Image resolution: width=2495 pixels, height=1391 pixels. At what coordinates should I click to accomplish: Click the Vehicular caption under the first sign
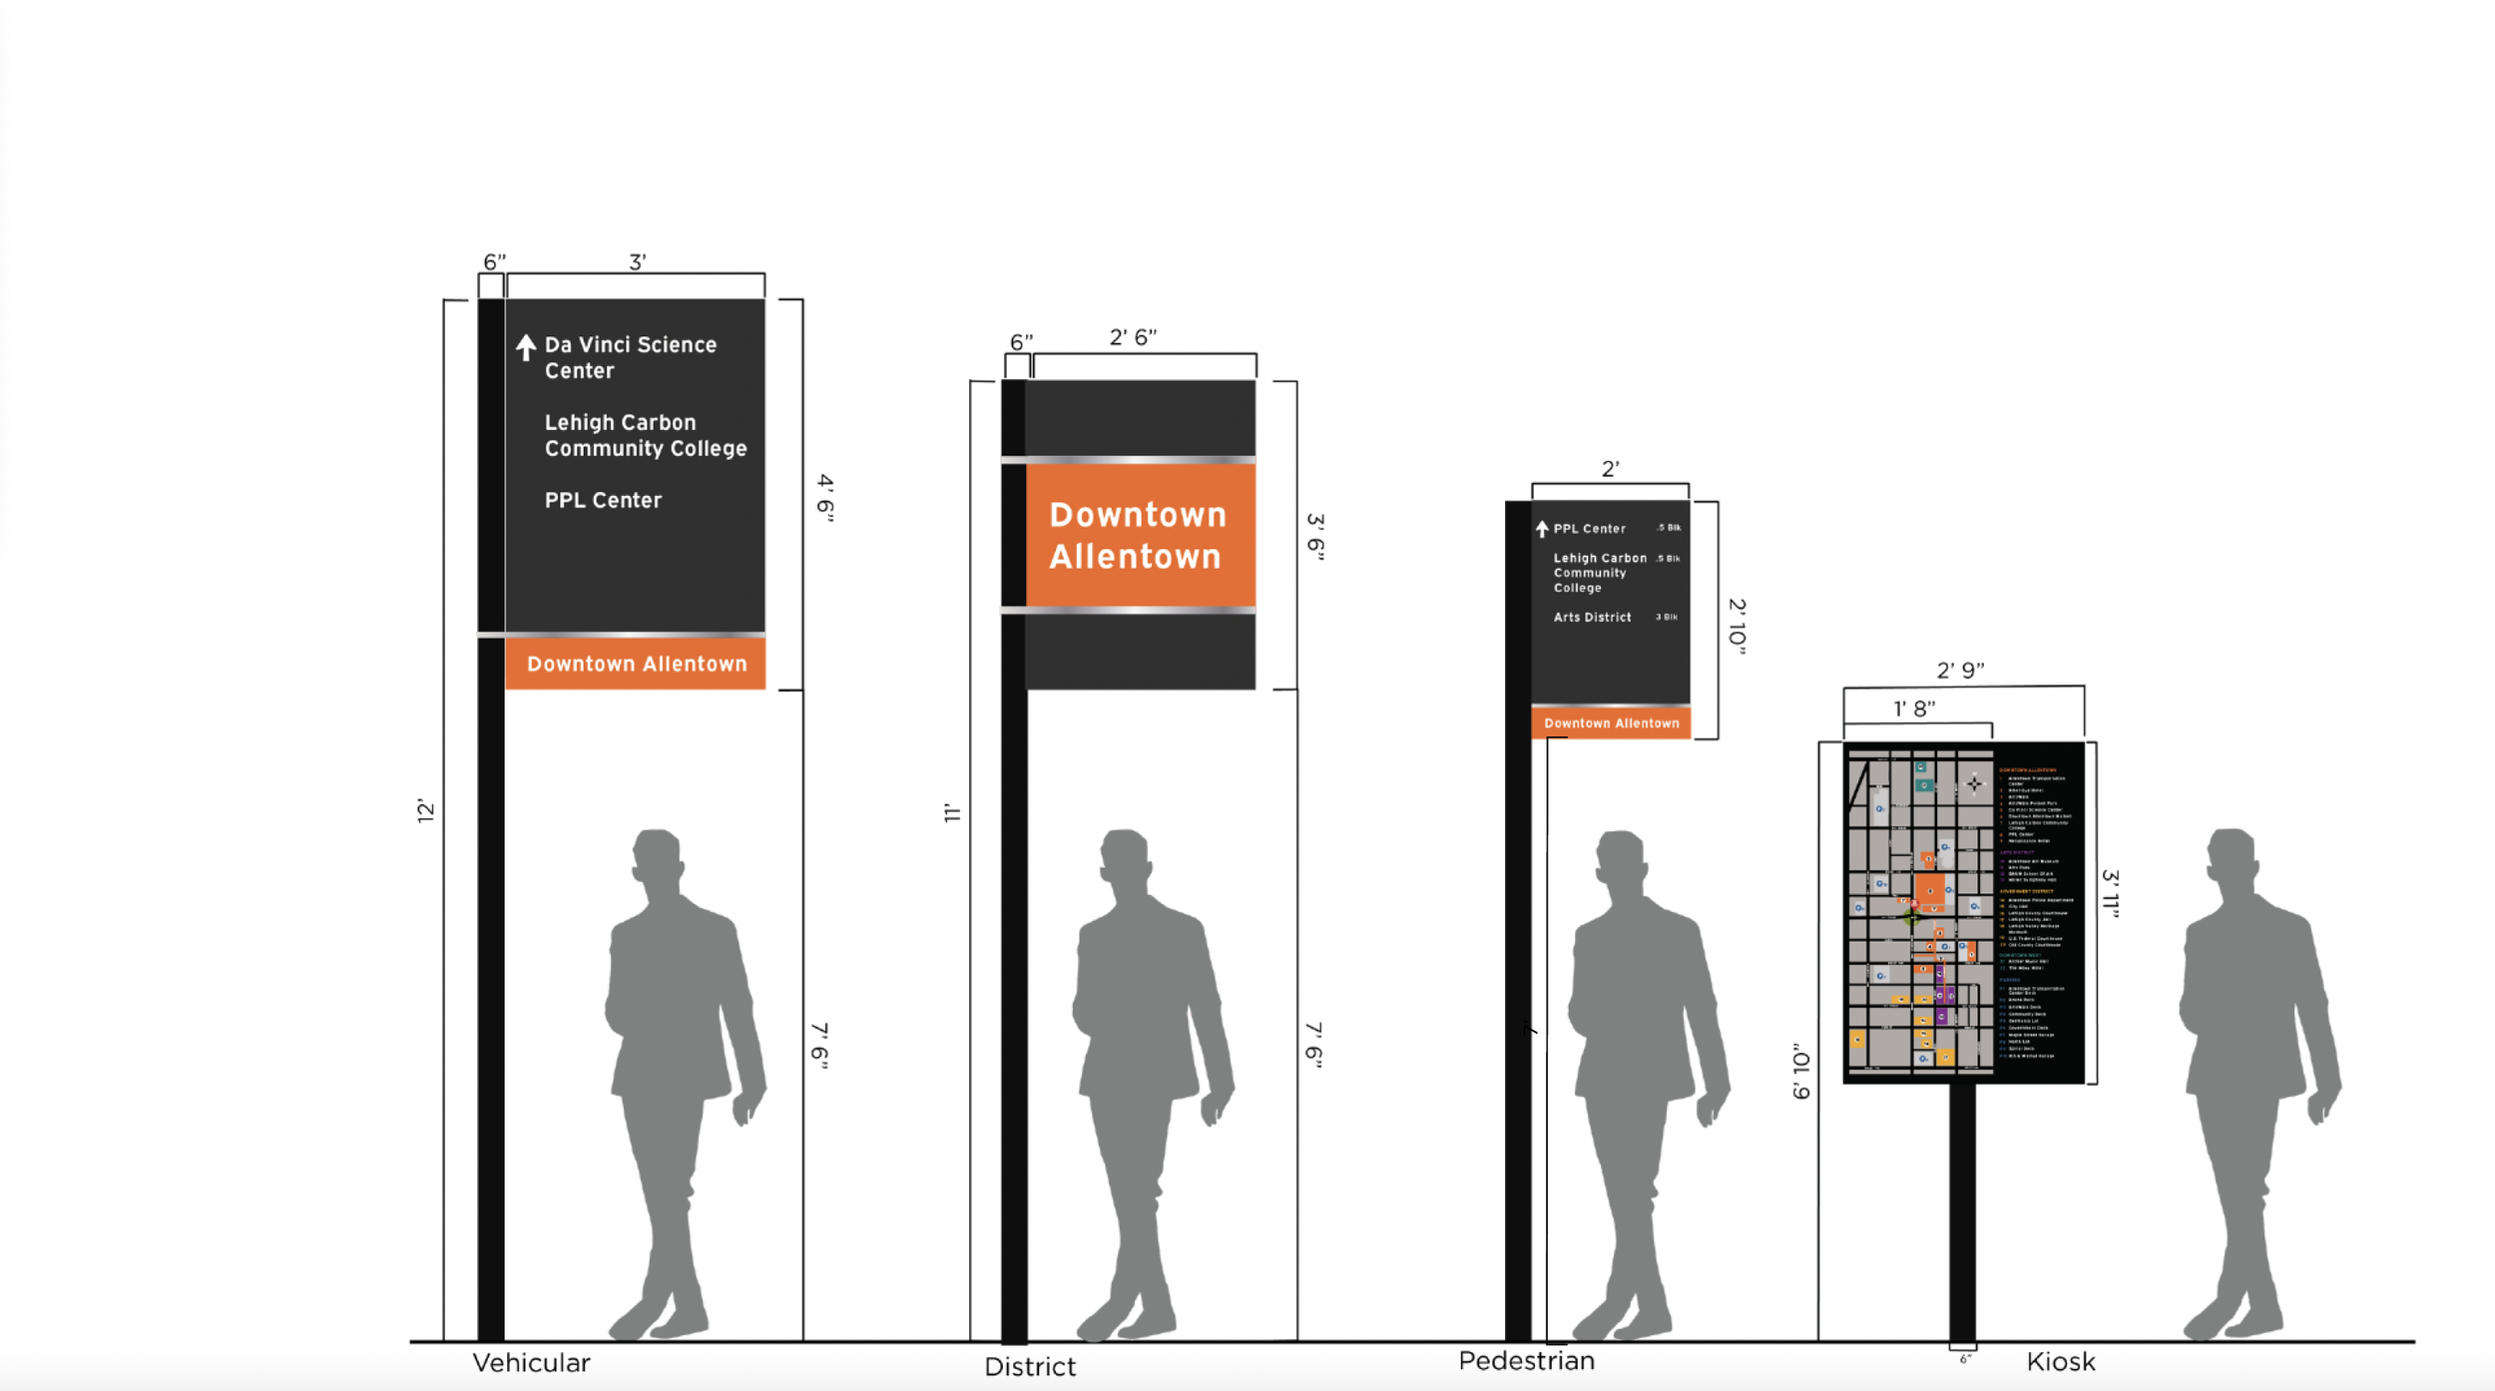(x=531, y=1363)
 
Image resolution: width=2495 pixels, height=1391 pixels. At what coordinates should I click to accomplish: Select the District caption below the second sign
(x=1030, y=1367)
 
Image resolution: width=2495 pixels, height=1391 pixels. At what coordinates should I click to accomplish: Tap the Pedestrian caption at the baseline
(x=1526, y=1361)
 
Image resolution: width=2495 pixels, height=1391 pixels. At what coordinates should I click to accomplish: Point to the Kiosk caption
(x=2060, y=1362)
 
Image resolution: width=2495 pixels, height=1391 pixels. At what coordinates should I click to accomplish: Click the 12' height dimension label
(x=426, y=810)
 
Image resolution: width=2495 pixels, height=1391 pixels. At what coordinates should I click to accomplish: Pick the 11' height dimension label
(x=952, y=813)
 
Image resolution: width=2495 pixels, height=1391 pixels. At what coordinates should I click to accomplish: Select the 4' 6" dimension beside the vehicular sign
(x=824, y=497)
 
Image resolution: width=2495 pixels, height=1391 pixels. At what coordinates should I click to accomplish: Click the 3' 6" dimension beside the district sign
(x=1315, y=537)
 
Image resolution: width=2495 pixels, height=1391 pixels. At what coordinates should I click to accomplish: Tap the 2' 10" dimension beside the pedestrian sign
(x=1737, y=627)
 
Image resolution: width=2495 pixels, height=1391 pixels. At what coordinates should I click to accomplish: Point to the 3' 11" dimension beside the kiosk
(x=2110, y=892)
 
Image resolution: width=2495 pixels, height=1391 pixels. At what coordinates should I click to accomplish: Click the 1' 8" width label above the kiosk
(x=1914, y=708)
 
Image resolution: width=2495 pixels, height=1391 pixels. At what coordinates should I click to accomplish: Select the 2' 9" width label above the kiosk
(x=1960, y=671)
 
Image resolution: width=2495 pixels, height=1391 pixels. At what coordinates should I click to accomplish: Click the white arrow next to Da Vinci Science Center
(x=526, y=347)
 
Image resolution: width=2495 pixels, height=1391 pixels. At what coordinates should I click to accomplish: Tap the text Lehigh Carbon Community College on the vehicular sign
(x=645, y=436)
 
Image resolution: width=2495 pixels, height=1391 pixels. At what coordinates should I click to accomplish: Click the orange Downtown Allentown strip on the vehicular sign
(x=636, y=664)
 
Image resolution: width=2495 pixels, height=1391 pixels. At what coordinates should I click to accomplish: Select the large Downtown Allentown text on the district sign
(x=1136, y=536)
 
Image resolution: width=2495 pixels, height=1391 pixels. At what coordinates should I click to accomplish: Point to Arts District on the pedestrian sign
(x=1592, y=618)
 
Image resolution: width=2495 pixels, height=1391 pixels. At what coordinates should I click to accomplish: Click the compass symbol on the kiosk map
(x=1974, y=784)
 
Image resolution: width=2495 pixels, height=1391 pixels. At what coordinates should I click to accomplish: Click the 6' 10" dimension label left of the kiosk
(x=1800, y=1072)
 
